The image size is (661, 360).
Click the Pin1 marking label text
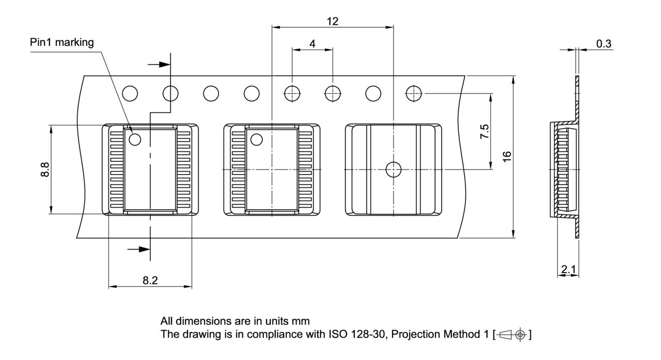(62, 42)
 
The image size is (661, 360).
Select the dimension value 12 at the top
(333, 21)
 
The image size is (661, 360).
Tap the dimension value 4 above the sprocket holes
(312, 43)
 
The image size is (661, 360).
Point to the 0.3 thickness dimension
(604, 43)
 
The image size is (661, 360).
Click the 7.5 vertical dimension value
(484, 132)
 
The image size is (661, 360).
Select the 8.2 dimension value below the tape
(150, 280)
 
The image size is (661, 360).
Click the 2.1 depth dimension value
(568, 269)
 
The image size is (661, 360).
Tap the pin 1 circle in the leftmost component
(135, 139)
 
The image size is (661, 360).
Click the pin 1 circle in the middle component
(257, 139)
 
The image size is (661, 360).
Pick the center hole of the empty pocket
(394, 169)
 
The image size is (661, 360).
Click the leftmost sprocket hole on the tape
(130, 93)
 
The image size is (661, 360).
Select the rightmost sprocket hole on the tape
(414, 93)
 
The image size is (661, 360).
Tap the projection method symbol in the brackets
(511, 334)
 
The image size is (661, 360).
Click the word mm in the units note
(301, 321)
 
